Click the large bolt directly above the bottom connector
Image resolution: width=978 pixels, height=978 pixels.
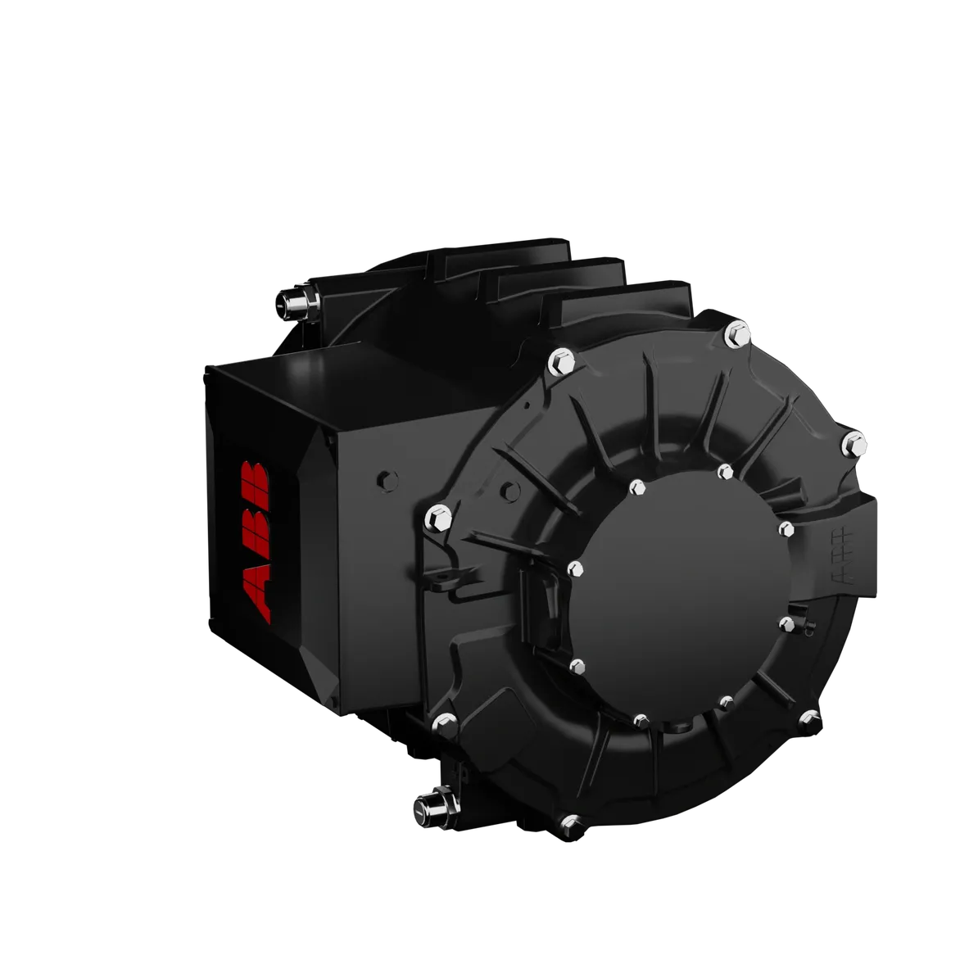(x=444, y=723)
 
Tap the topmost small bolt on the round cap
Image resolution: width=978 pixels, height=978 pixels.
(x=725, y=472)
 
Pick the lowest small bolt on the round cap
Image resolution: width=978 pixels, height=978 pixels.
(x=641, y=720)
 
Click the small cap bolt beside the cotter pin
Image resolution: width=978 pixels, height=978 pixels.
(x=786, y=625)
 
